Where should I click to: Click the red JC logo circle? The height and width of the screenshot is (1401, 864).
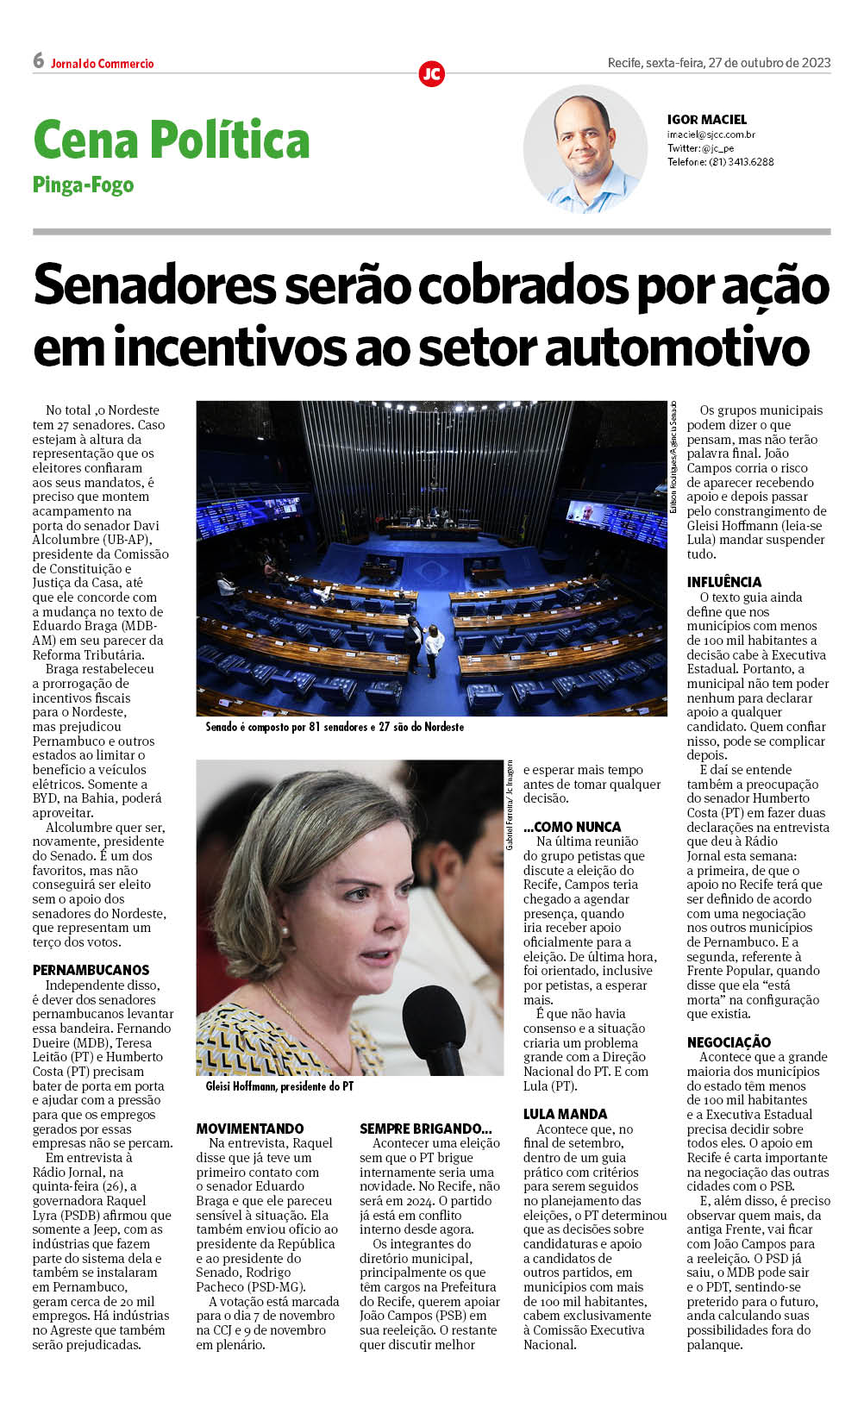click(431, 73)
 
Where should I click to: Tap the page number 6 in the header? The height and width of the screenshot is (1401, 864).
click(38, 60)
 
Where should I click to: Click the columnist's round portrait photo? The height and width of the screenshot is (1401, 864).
click(585, 148)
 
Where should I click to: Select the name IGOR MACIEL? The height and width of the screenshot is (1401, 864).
click(706, 120)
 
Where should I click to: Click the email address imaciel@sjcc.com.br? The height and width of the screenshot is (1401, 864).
click(711, 134)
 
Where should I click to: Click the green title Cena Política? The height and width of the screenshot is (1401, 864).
click(171, 140)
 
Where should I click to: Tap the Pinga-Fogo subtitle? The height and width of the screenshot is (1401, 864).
click(83, 185)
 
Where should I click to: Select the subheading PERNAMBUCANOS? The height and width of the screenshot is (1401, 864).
click(91, 970)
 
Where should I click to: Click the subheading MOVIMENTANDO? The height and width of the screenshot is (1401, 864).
click(249, 1129)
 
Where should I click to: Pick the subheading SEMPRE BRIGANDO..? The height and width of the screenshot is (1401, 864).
click(425, 1129)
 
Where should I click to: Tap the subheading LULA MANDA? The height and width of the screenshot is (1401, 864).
click(565, 1114)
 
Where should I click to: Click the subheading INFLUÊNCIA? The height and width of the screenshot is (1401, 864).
click(724, 582)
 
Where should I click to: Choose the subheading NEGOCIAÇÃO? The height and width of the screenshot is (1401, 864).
click(729, 1042)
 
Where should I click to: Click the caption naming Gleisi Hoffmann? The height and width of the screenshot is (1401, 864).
click(279, 1086)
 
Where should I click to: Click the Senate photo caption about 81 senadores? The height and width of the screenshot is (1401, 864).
click(335, 727)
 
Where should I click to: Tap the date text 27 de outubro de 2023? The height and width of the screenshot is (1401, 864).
click(768, 62)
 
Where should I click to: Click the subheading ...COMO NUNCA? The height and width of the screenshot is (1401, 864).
click(572, 827)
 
